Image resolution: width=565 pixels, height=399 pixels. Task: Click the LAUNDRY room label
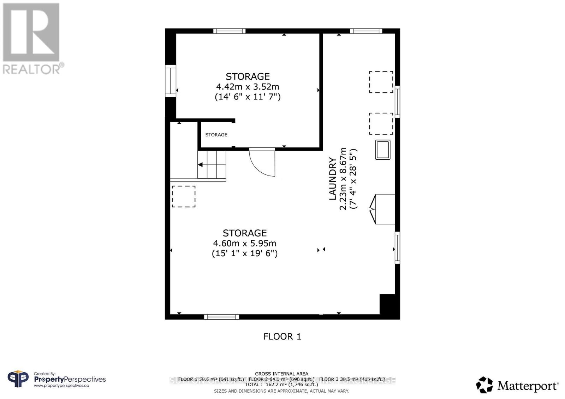tap(333, 179)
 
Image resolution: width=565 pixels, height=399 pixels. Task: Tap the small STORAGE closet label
tap(216, 135)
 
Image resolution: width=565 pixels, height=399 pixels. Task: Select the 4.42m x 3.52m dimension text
tap(248, 87)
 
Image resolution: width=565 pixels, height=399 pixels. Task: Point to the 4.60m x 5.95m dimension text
tap(244, 243)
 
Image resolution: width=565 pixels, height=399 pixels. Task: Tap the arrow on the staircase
tap(200, 165)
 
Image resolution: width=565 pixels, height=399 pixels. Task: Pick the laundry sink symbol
tap(383, 150)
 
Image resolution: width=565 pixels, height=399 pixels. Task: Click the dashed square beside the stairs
tap(184, 196)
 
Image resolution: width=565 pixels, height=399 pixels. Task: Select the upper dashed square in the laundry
tap(381, 82)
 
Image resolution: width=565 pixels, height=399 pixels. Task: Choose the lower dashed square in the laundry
tap(381, 124)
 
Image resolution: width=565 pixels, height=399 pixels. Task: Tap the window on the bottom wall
tap(221, 317)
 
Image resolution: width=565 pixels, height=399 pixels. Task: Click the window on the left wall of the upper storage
tap(171, 81)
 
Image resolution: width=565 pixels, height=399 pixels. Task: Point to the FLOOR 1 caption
tap(282, 336)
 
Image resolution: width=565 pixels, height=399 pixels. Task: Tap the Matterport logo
tap(517, 385)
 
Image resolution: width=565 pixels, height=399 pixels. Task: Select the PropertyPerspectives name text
tap(70, 379)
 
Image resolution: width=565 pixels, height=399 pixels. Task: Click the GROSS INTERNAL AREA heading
tap(281, 374)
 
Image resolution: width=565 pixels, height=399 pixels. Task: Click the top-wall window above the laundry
tap(366, 31)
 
